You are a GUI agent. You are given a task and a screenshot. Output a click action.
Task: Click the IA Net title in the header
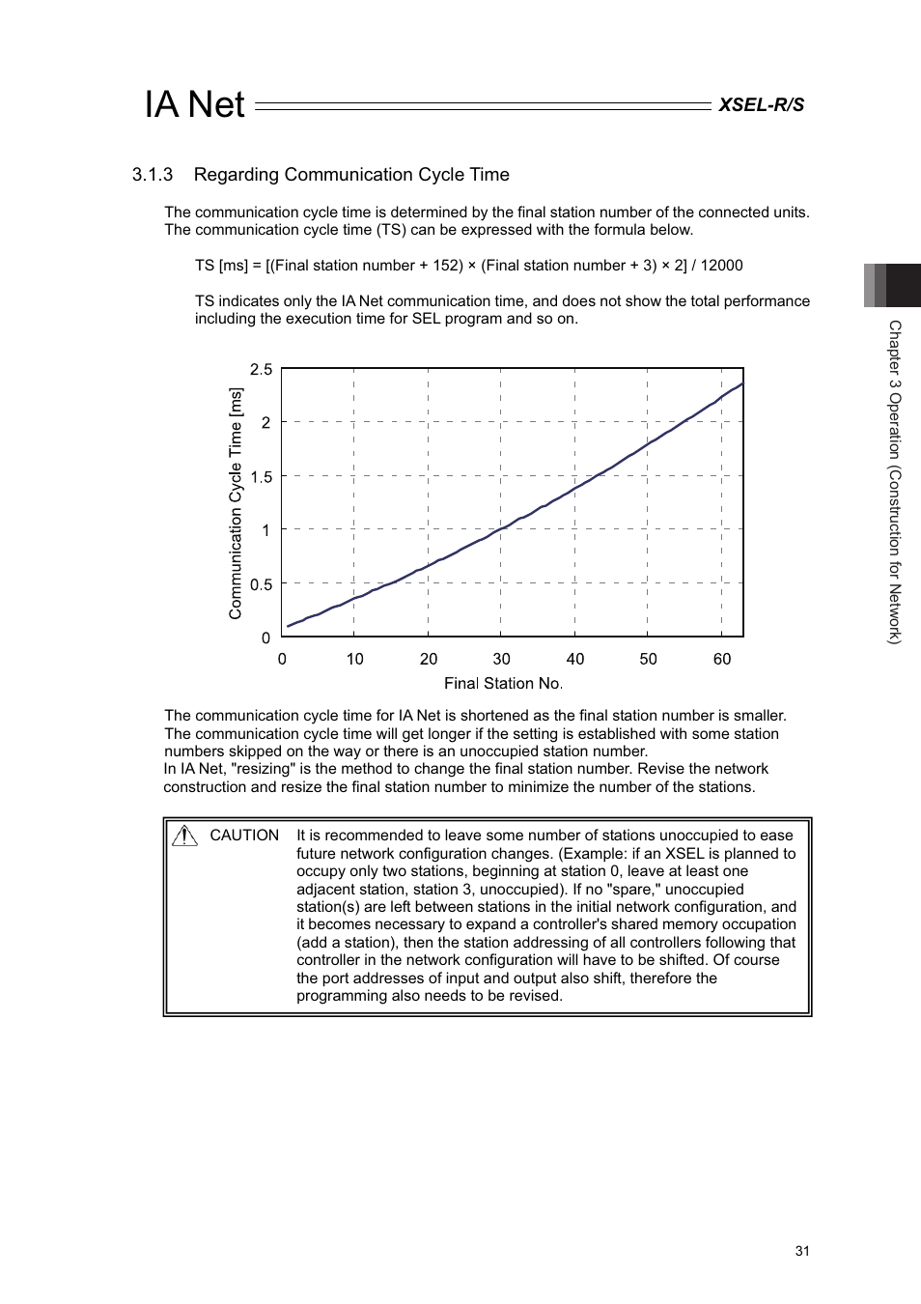[x=194, y=104]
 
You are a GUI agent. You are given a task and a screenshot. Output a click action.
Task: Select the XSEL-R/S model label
[x=761, y=105]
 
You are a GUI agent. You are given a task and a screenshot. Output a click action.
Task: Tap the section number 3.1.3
[x=153, y=175]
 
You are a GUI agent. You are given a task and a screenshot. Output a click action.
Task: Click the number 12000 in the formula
[x=721, y=266]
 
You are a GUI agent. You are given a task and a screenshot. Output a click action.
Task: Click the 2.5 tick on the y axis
[x=262, y=369]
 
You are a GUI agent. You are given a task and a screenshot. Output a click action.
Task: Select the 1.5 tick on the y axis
[x=262, y=477]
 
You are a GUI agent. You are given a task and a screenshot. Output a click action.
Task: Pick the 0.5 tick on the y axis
[x=262, y=584]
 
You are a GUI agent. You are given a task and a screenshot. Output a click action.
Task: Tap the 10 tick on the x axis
[x=355, y=659]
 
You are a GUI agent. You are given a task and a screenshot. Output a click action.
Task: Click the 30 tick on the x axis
[x=501, y=659]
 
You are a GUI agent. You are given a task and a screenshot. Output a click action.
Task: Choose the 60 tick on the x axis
[x=722, y=659]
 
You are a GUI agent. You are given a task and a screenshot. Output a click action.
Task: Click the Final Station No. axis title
[x=503, y=684]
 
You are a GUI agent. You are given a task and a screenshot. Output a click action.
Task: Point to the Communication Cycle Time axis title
[x=236, y=503]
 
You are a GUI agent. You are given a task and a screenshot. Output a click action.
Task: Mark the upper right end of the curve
[x=741, y=384]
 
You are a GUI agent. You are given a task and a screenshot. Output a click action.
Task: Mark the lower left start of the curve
[x=289, y=626]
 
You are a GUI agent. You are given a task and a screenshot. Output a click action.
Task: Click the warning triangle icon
[x=184, y=836]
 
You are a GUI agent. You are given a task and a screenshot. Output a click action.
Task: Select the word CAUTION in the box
[x=244, y=836]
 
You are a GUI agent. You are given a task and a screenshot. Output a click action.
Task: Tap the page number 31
[x=802, y=1251]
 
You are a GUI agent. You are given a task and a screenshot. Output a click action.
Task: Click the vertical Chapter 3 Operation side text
[x=895, y=482]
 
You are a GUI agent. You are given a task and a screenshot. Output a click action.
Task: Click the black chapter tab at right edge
[x=902, y=285]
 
